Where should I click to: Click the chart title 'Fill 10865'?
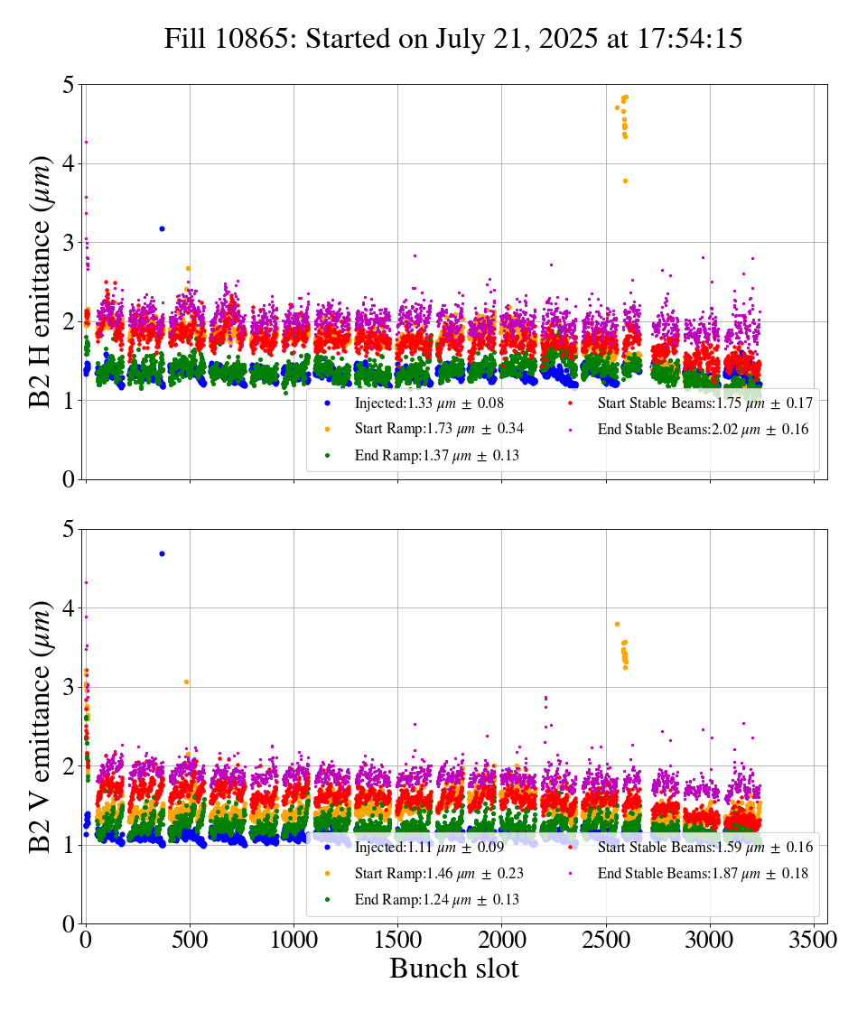click(453, 39)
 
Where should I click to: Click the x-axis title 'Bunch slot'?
click(453, 969)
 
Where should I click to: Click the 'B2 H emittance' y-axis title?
click(42, 282)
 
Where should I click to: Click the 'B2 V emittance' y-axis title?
click(42, 726)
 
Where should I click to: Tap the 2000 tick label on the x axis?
click(501, 940)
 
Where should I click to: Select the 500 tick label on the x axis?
click(190, 940)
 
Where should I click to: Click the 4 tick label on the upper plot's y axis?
click(69, 164)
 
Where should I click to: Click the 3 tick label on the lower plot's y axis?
click(69, 688)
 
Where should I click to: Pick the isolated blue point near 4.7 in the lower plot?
click(162, 553)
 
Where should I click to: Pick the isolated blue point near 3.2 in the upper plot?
click(162, 228)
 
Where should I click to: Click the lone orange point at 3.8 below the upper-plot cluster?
click(625, 181)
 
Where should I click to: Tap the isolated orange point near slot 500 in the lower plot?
click(186, 682)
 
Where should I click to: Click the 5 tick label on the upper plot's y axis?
click(69, 86)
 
